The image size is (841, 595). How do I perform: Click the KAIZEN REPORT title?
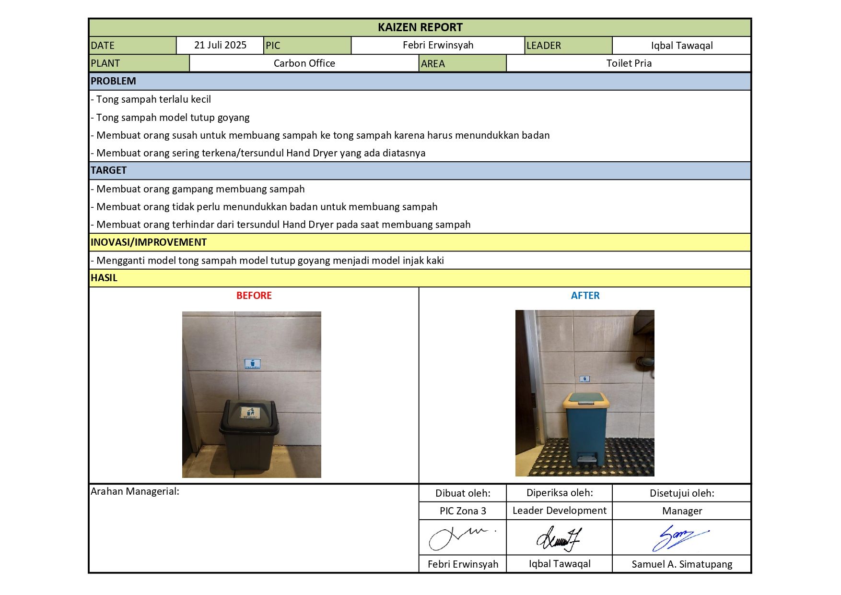420,27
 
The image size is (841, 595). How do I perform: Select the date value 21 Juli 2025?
220,45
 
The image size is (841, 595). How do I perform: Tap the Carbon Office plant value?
304,63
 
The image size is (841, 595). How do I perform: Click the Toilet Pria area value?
629,63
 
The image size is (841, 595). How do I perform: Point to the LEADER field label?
544,46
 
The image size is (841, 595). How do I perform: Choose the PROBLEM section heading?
114,81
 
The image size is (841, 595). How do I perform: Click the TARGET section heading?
109,170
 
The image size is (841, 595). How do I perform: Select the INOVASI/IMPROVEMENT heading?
149,242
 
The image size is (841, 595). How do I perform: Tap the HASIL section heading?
104,278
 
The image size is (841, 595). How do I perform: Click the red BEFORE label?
254,296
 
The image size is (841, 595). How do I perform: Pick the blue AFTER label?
585,296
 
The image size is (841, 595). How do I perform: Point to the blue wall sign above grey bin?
252,364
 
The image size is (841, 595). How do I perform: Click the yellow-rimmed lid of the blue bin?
585,400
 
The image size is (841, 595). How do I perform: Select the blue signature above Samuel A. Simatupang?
678,537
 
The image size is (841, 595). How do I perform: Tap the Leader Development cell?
559,511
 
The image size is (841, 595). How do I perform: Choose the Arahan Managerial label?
135,491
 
